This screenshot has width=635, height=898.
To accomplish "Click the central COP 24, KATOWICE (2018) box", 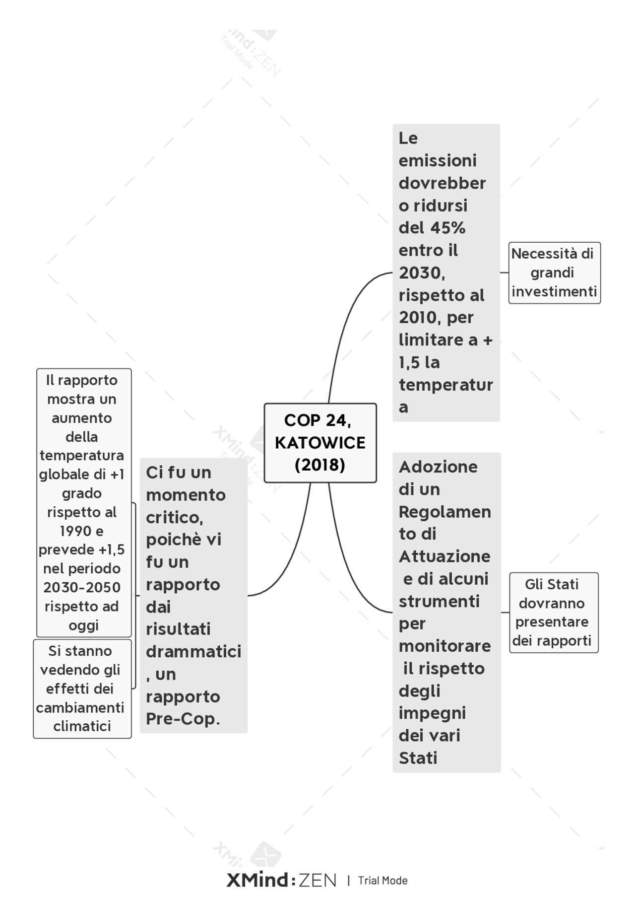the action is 320,443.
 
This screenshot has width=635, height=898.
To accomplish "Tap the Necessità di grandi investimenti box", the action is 554,273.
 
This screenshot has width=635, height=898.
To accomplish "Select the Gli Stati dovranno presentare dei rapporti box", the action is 554,613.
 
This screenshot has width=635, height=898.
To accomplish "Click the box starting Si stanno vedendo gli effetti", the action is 82,689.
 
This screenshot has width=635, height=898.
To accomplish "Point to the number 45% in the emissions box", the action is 448,228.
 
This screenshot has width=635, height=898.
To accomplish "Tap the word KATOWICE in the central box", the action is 320,443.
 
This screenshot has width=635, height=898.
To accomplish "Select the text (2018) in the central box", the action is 320,465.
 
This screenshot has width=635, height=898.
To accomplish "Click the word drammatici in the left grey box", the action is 193,651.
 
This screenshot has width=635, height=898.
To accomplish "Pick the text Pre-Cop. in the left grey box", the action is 183,719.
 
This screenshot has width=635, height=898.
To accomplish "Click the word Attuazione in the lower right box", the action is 444,556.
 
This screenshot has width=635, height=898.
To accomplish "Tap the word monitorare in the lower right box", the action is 445,646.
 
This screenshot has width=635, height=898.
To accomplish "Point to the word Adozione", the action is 439,467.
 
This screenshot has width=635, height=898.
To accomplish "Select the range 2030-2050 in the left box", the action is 82,588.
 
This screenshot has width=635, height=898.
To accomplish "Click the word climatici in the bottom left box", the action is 82,726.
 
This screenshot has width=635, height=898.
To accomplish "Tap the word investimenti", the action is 554,291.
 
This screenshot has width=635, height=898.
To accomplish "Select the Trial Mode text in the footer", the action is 383,881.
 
